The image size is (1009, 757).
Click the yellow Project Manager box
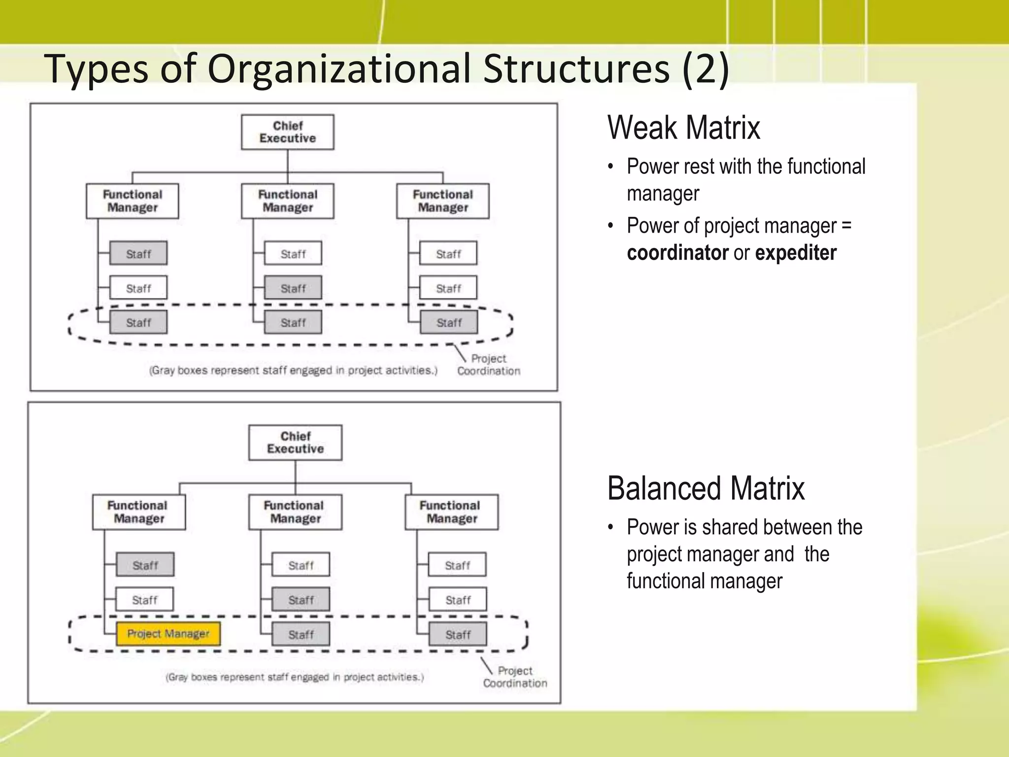click(x=168, y=634)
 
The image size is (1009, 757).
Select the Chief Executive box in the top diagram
click(x=287, y=132)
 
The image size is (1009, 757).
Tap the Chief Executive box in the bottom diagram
click(x=295, y=443)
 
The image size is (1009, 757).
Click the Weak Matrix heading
click(x=683, y=128)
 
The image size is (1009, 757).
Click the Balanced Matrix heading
click(x=706, y=488)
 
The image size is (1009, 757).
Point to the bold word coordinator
click(x=677, y=253)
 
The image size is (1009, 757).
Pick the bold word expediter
click(x=795, y=253)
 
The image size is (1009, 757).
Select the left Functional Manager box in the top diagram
click(x=132, y=201)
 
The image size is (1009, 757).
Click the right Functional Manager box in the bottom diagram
click(x=451, y=512)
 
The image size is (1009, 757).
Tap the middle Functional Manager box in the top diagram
click(x=287, y=201)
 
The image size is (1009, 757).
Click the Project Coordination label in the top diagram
click(x=488, y=365)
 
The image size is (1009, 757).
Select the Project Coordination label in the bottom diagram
click(x=515, y=677)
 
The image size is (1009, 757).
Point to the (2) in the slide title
click(x=706, y=69)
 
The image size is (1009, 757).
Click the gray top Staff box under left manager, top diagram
click(x=138, y=253)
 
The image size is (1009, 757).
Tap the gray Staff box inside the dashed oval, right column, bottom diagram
click(x=457, y=634)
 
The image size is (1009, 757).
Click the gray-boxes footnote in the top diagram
click(x=293, y=370)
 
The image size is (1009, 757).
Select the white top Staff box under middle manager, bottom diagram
click(x=301, y=565)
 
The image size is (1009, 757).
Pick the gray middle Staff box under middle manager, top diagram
click(x=293, y=288)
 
